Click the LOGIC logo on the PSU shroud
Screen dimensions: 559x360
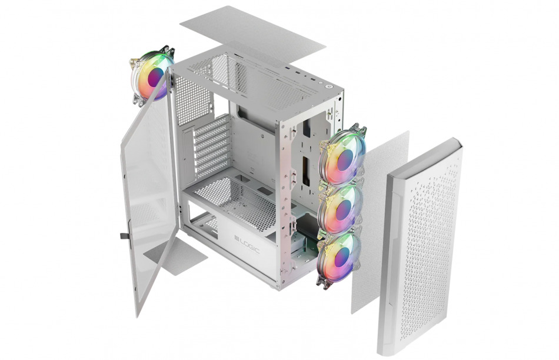[247, 244]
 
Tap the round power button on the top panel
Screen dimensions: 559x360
[329, 85]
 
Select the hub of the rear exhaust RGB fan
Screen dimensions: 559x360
[155, 77]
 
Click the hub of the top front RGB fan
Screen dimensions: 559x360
[345, 160]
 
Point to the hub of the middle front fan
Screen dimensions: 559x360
[343, 210]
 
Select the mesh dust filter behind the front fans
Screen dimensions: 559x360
[380, 222]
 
